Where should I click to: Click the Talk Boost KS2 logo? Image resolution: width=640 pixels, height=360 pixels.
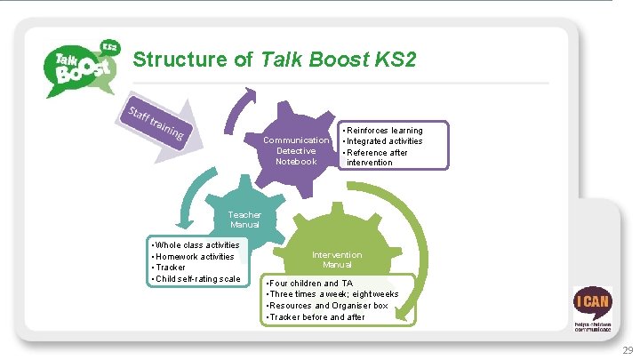coord(81,67)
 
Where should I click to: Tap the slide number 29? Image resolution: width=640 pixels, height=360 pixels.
coord(628,349)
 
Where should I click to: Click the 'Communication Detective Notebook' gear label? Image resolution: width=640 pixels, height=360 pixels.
coord(296,150)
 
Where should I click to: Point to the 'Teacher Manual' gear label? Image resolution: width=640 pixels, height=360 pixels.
coord(244,220)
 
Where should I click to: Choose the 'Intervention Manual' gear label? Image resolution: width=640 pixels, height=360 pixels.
coord(337,260)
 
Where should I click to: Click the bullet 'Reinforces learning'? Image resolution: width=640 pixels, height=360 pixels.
coord(384,131)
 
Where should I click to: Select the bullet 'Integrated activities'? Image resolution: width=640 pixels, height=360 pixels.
coord(384,141)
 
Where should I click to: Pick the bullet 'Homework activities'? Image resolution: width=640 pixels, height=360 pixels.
coord(195,256)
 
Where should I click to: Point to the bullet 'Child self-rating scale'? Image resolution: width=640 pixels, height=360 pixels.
coord(197,279)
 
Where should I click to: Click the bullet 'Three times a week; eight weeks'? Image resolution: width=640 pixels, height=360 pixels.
coord(333,294)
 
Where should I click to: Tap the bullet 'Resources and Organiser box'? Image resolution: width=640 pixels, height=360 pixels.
coord(328,306)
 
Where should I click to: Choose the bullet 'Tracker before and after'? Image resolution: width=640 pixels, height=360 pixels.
coord(316,317)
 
